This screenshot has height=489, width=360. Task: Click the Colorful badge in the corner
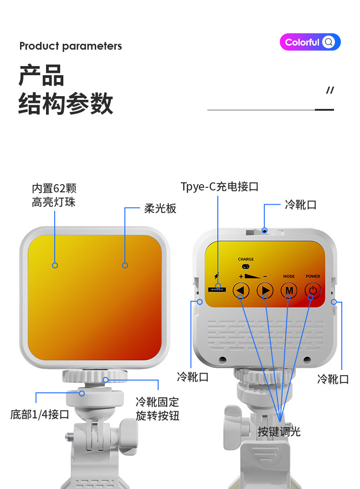[x=310, y=42]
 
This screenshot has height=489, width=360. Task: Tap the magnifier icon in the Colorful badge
[x=329, y=42]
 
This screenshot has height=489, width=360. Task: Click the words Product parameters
[x=71, y=46]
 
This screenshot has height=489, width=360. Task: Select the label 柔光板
[x=160, y=208]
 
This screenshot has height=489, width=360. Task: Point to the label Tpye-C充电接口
[x=220, y=186]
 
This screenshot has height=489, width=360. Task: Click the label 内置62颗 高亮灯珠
[x=54, y=195]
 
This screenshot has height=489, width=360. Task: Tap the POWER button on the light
[x=313, y=290]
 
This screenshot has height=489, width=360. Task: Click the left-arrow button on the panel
[x=241, y=290]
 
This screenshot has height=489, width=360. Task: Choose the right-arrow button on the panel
[x=265, y=290]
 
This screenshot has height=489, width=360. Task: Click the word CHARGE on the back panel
[x=246, y=259]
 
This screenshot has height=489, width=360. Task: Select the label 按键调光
[x=279, y=432]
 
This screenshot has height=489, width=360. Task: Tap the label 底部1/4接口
[x=40, y=414]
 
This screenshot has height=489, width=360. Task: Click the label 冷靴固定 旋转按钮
[x=157, y=409]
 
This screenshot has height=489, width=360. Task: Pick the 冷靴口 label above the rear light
[x=300, y=205]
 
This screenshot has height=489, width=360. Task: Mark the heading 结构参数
[x=66, y=103]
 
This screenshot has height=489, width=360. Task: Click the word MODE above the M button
[x=289, y=276]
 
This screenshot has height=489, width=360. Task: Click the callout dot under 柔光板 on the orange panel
[x=125, y=265]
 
